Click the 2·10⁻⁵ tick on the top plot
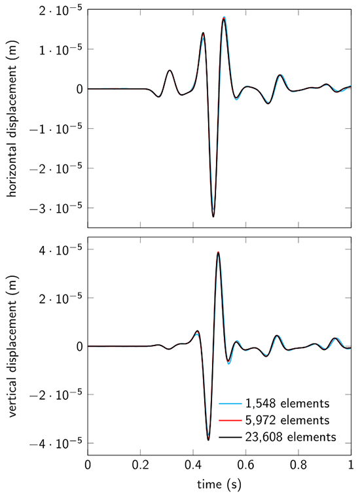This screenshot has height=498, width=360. tap(63, 9)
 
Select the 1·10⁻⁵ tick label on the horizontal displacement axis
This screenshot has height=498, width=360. tap(63, 49)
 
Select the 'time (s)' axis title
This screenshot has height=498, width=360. tap(219, 485)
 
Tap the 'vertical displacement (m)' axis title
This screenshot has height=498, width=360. tap(12, 346)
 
